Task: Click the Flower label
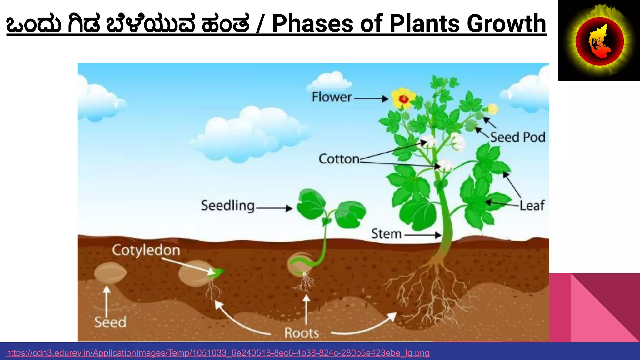332,97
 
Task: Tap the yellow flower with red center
403,99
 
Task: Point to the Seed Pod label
517,137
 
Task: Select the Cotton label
339,159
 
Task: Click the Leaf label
532,206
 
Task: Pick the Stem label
386,234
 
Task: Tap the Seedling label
228,206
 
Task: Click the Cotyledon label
146,250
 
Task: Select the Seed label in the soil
110,322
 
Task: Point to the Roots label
302,333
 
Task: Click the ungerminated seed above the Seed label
110,273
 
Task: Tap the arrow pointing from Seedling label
274,208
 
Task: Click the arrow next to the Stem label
423,235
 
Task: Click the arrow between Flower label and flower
371,99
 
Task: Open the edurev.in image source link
217,353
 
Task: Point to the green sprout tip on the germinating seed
218,272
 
